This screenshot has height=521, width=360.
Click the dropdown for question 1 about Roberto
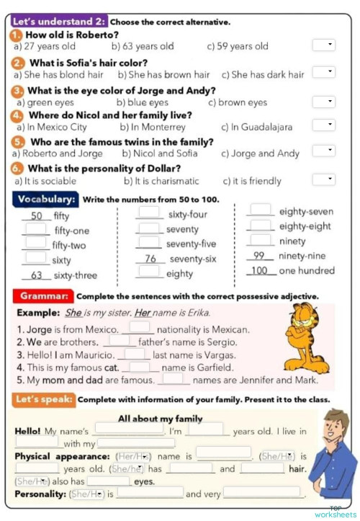coord(323,45)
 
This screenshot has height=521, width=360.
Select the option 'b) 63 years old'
coord(145,47)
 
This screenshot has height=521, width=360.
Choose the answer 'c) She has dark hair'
coord(262,74)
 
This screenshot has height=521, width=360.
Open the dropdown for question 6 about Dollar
coord(323,179)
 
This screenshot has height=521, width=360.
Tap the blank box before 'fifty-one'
coord(35,229)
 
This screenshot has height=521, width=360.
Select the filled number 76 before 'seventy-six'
coord(150,259)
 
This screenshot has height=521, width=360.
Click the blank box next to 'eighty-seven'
coord(260,210)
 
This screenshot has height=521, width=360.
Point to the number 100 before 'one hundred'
coord(259,271)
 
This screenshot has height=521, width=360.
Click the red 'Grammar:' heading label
coord(43,295)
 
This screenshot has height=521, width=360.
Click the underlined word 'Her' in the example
coord(143,313)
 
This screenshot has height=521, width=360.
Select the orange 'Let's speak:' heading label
coord(44,398)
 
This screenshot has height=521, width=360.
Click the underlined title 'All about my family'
coord(160,419)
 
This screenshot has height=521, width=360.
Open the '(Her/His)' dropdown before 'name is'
coord(134,456)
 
